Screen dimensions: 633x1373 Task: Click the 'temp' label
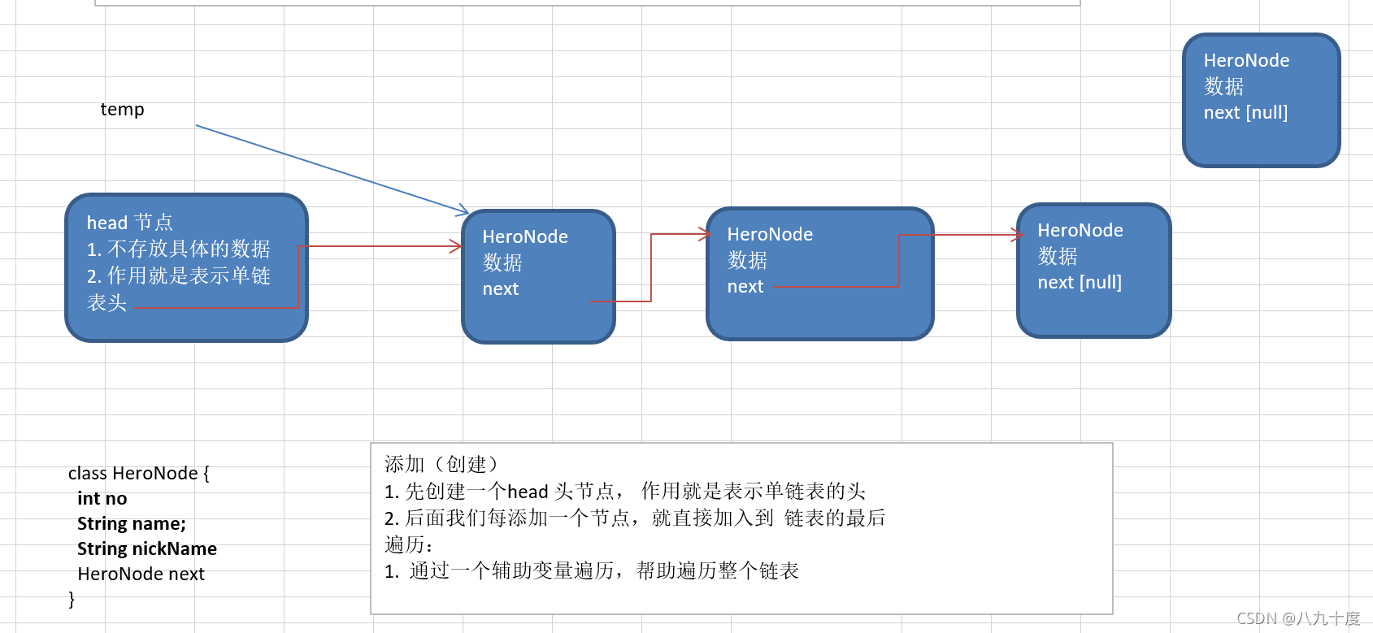[x=122, y=110]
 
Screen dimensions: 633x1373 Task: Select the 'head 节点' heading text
[x=129, y=223]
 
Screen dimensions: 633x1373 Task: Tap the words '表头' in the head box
[x=106, y=303]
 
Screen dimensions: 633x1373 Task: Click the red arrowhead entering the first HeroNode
[x=457, y=246]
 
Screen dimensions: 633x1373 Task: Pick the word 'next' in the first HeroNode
[x=500, y=289]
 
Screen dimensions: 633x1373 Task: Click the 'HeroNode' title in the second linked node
[x=770, y=235]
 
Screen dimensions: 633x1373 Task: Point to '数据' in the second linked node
[x=747, y=261]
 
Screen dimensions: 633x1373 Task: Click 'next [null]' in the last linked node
[x=1079, y=283]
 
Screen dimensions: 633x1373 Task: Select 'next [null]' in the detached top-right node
[x=1245, y=113]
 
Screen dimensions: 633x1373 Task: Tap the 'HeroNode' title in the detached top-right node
[x=1246, y=61]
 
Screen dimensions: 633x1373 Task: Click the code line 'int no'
[x=102, y=499]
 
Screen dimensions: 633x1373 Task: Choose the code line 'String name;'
[x=131, y=524]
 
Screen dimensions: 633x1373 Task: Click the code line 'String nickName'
[x=146, y=549]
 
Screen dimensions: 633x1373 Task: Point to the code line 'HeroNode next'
[x=141, y=574]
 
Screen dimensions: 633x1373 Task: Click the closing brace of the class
[x=72, y=600]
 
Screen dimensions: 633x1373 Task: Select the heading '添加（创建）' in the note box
[x=441, y=465]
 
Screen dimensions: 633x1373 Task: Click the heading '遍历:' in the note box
[x=408, y=544]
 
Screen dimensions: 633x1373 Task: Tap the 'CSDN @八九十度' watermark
[x=1297, y=619]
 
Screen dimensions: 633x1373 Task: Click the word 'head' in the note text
[x=528, y=492]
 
